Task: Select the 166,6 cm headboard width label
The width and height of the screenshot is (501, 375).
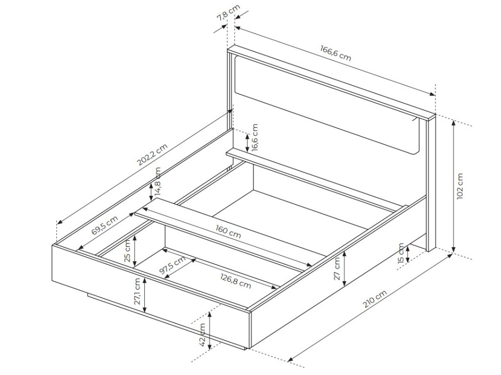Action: pyautogui.click(x=336, y=53)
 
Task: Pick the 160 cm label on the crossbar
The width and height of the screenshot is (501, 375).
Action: pyautogui.click(x=228, y=231)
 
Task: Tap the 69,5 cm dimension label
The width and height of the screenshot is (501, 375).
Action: pyautogui.click(x=104, y=226)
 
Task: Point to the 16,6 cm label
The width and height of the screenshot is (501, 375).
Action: pyautogui.click(x=255, y=137)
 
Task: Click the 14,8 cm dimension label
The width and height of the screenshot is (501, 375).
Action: pyautogui.click(x=158, y=182)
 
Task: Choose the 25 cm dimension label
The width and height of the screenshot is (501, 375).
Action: pyautogui.click(x=128, y=250)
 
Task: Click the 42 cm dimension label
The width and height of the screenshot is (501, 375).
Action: pyautogui.click(x=202, y=334)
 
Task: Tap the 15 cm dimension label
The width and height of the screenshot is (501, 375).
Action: pyautogui.click(x=401, y=252)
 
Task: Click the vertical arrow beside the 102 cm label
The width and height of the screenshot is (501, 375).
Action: pyautogui.click(x=454, y=186)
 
